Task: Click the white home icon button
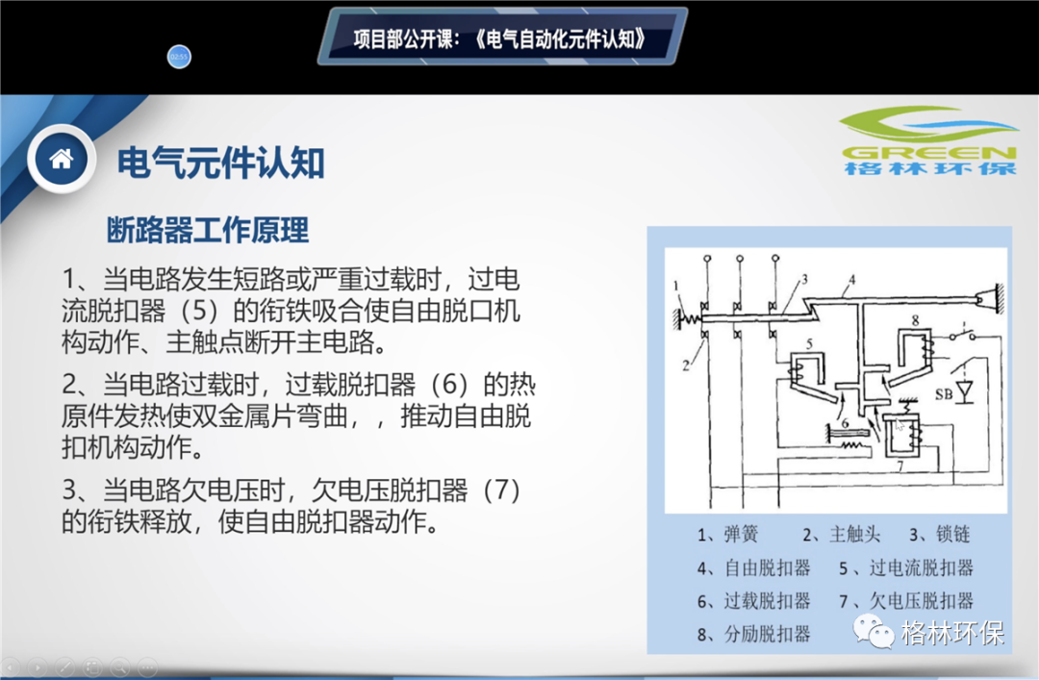pos(61,159)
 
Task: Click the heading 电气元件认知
pos(220,164)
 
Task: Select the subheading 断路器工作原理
pos(208,230)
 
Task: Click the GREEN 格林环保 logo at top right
pos(929,141)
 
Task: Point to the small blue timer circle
pos(179,57)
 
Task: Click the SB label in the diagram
pos(944,394)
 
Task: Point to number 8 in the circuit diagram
pos(915,320)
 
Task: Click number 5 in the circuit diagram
pos(809,343)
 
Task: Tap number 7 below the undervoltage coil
pos(900,466)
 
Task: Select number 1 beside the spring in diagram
pos(676,286)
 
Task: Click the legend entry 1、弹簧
pos(727,534)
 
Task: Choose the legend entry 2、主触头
pos(842,534)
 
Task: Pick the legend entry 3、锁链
pos(940,534)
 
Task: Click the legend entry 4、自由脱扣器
pos(754,568)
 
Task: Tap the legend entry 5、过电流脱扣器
pos(906,568)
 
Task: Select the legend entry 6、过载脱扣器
pos(754,601)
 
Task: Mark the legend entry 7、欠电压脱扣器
pos(906,601)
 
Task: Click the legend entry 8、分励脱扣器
pos(754,634)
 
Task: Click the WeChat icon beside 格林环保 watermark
pos(874,631)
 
